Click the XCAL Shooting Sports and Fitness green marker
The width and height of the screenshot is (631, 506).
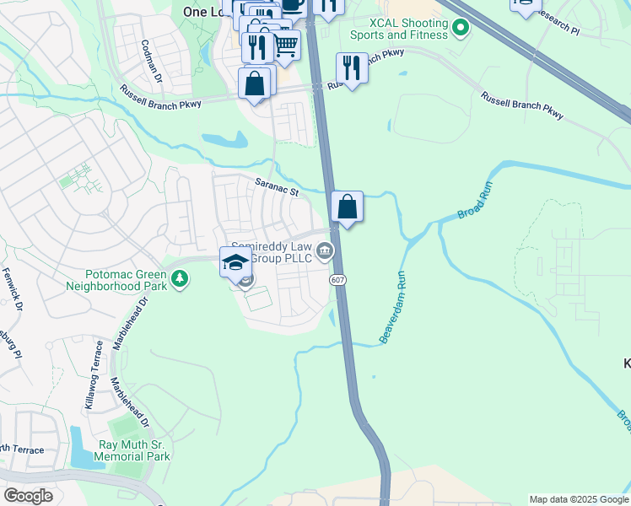point(460,30)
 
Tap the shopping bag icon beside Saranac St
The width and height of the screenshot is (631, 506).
point(347,206)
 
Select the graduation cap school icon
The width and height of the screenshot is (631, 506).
point(236,261)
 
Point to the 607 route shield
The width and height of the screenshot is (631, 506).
point(337,279)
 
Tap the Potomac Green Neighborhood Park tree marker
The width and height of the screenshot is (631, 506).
point(179,279)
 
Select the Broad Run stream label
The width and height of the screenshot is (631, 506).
point(475,205)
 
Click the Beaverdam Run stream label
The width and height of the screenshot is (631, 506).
point(394,307)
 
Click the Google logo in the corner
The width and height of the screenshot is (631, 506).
point(28,496)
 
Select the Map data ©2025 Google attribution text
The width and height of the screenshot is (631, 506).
point(579,499)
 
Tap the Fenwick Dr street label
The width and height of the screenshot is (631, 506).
point(11,288)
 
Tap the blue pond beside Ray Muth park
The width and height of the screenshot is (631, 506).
point(81,448)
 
